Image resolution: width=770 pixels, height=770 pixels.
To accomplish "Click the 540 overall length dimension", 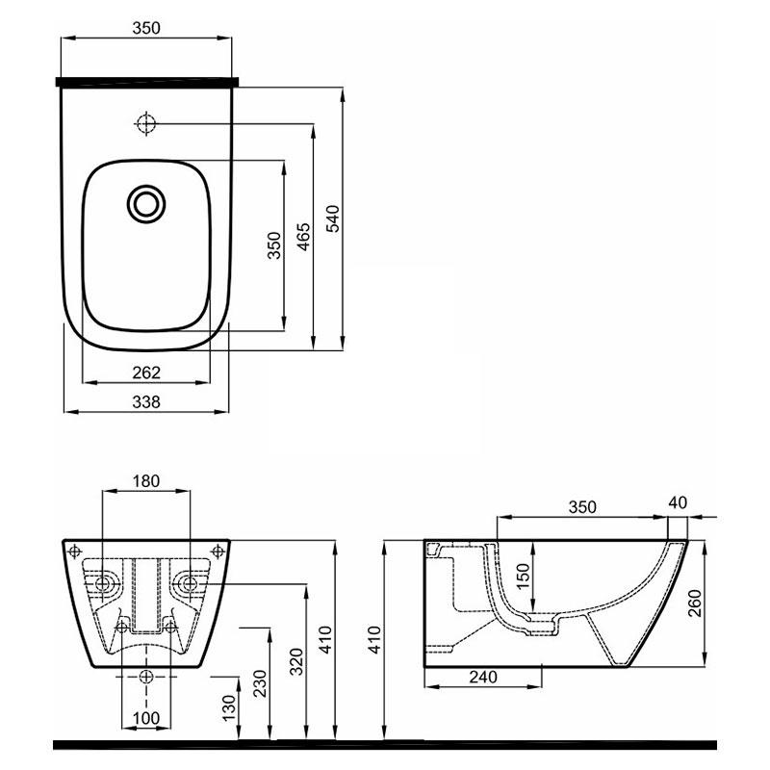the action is point(333,218).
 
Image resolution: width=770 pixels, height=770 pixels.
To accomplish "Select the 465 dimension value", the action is point(304,237).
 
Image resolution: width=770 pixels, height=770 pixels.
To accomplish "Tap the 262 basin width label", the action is point(146,372).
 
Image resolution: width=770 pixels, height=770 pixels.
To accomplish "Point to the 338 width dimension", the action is point(146,402).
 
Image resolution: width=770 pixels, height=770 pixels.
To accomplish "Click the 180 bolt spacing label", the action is point(146,480).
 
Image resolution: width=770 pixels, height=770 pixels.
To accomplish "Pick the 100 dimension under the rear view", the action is point(146,718).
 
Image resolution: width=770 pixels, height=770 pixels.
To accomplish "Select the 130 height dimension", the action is point(229,707).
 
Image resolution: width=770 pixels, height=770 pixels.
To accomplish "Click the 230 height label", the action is point(259,683).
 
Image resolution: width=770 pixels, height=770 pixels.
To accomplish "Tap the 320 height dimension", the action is point(296,661).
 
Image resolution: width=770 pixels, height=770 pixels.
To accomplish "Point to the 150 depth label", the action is point(524,576).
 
